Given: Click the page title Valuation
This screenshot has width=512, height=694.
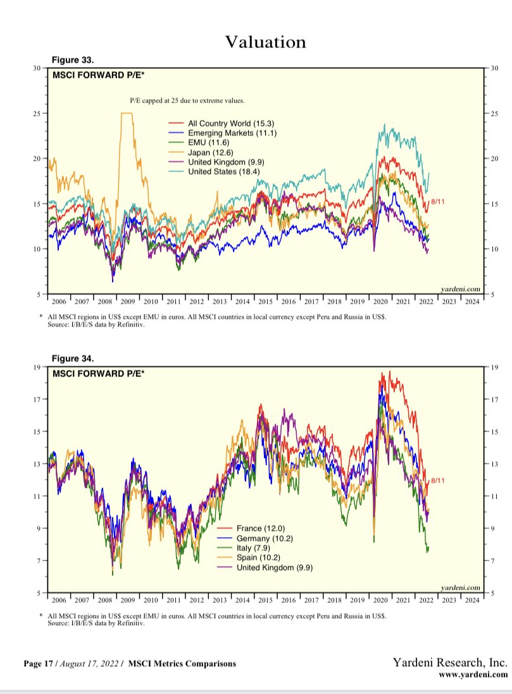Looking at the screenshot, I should click(x=265, y=42).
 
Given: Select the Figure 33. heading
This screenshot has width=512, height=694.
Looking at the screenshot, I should click(x=73, y=60).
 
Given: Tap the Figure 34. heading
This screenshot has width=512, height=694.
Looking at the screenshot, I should click(x=73, y=359).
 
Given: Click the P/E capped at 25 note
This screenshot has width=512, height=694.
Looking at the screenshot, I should click(x=187, y=101).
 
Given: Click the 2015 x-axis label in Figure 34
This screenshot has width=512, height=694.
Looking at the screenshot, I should click(x=265, y=599).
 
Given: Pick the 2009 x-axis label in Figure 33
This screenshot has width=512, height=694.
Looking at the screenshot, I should click(x=128, y=302).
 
